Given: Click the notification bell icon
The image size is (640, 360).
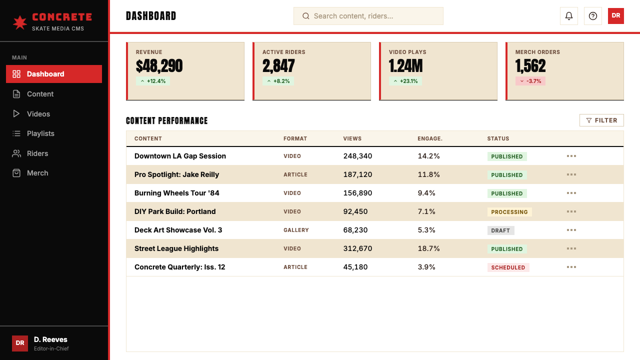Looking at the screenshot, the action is coord(569,16).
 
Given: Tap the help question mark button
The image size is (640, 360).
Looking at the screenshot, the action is coord(593,16).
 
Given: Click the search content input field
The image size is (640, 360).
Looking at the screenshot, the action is coord(368,16).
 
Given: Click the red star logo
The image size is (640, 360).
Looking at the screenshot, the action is coord(20,22).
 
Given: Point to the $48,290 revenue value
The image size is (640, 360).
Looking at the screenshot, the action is coord(159,66).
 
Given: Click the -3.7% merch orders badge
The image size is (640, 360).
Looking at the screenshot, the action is coord(530,81).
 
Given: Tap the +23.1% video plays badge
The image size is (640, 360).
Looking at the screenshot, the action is coord(405,81).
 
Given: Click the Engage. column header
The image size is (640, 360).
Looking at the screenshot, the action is coord(430,138).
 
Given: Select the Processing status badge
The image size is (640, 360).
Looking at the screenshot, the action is coord(509,212).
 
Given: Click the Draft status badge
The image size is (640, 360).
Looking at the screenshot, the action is coord(500,230).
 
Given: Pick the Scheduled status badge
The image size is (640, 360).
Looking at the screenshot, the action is coord(508,267).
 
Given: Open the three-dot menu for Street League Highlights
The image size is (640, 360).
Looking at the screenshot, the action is coord(571,248).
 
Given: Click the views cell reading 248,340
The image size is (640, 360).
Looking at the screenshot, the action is coord(357,156).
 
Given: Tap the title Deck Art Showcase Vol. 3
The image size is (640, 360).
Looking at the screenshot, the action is coord(178,230).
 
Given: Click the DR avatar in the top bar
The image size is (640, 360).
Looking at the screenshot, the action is coord(615,16).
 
